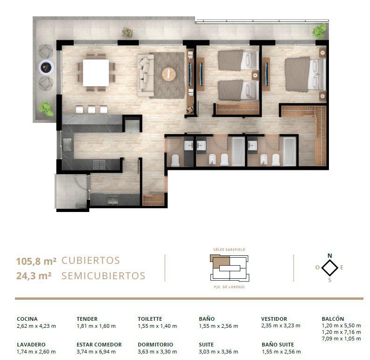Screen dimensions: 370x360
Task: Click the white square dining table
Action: pyautogui.click(x=96, y=73)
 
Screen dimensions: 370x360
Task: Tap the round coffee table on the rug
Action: pyautogui.click(x=169, y=74)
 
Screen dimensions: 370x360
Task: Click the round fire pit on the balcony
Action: pyautogui.click(x=46, y=68)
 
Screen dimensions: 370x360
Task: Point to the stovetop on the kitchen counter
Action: pyautogui.click(x=99, y=165)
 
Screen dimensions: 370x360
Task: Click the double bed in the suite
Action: pyautogui.click(x=305, y=74)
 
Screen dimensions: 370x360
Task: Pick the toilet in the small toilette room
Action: pyautogui.click(x=175, y=160)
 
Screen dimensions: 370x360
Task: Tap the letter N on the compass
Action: pyautogui.click(x=330, y=255)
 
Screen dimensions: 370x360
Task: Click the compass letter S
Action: pyautogui.click(x=330, y=280)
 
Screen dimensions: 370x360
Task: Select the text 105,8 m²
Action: pyautogui.click(x=36, y=261)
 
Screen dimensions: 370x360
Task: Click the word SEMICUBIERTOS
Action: pyautogui.click(x=104, y=276)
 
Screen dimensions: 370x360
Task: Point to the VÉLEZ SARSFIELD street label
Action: pyautogui.click(x=229, y=249)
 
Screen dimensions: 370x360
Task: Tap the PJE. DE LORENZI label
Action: pyautogui.click(x=229, y=287)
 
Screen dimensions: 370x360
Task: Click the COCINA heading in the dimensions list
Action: pyautogui.click(x=27, y=319)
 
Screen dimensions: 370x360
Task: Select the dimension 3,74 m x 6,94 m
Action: pyautogui.click(x=96, y=352)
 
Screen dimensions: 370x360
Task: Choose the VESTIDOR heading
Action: pyautogui.click(x=274, y=319)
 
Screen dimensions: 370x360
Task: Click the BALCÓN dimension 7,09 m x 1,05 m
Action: pyautogui.click(x=341, y=339)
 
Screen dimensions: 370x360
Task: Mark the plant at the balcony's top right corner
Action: pyautogui.click(x=320, y=31)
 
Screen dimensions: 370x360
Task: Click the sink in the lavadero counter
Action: pyautogui.click(x=113, y=200)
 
